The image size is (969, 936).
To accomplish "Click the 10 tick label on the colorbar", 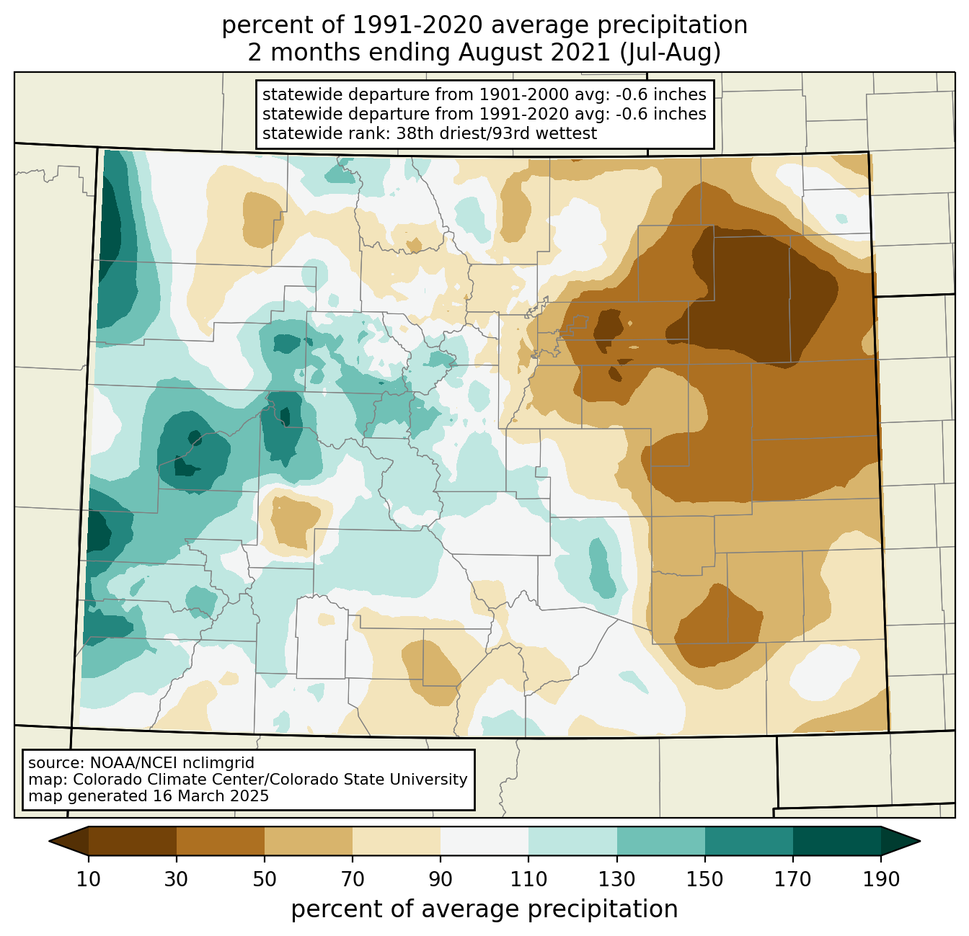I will coord(89,880).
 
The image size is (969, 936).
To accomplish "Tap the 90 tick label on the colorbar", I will coord(441,880).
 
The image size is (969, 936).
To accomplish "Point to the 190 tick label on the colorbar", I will coord(881,880).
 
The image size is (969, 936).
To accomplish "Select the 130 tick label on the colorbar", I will coord(617,880).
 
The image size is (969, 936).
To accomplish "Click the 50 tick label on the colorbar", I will coord(265,880).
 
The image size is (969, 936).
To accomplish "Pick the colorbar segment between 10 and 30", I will coord(133,841).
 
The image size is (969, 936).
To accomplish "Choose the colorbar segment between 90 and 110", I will coord(485,841).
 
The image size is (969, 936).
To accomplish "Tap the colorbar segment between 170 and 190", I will coord(837,841).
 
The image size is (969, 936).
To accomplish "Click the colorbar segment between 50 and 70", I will coord(309,841).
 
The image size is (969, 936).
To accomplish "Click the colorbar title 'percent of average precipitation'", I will coord(485,909).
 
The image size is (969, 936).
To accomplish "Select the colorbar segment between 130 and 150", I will coord(661,841).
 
